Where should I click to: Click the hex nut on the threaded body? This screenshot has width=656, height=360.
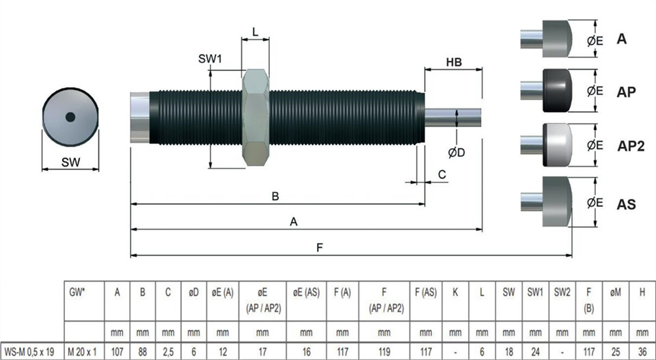(256, 117)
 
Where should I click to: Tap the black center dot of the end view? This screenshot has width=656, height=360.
(70, 117)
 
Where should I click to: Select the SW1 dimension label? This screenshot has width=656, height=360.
(210, 59)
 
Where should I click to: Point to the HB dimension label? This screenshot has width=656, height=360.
(454, 62)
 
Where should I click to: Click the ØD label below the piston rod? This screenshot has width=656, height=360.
(456, 153)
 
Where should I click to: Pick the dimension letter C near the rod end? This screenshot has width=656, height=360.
(442, 174)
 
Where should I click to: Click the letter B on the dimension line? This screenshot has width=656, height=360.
(275, 196)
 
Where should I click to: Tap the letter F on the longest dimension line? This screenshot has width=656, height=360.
(320, 247)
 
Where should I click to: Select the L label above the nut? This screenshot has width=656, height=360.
(255, 32)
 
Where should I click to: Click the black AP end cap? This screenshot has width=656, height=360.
(558, 91)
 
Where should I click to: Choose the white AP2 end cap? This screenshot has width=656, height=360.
(558, 145)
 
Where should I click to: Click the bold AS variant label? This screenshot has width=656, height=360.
(626, 204)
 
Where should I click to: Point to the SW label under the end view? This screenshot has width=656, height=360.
(70, 162)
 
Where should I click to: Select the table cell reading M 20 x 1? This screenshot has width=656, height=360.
(82, 352)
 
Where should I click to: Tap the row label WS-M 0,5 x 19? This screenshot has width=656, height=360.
(29, 352)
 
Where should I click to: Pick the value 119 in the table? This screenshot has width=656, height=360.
(384, 352)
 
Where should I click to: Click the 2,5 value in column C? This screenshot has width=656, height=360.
(168, 352)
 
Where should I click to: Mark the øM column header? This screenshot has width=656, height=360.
(616, 292)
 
